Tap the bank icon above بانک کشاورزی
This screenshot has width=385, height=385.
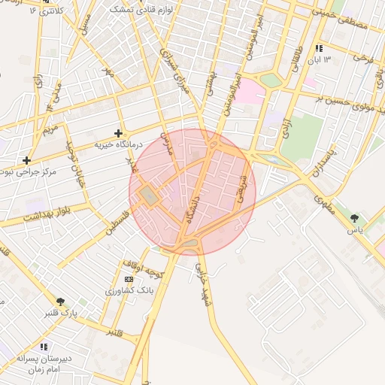[129, 280]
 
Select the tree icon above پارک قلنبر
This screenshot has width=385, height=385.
[60, 302]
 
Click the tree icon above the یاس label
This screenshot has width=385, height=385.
[354, 218]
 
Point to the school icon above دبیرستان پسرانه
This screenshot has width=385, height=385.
[44, 347]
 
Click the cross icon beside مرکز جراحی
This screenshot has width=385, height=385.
[27, 160]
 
